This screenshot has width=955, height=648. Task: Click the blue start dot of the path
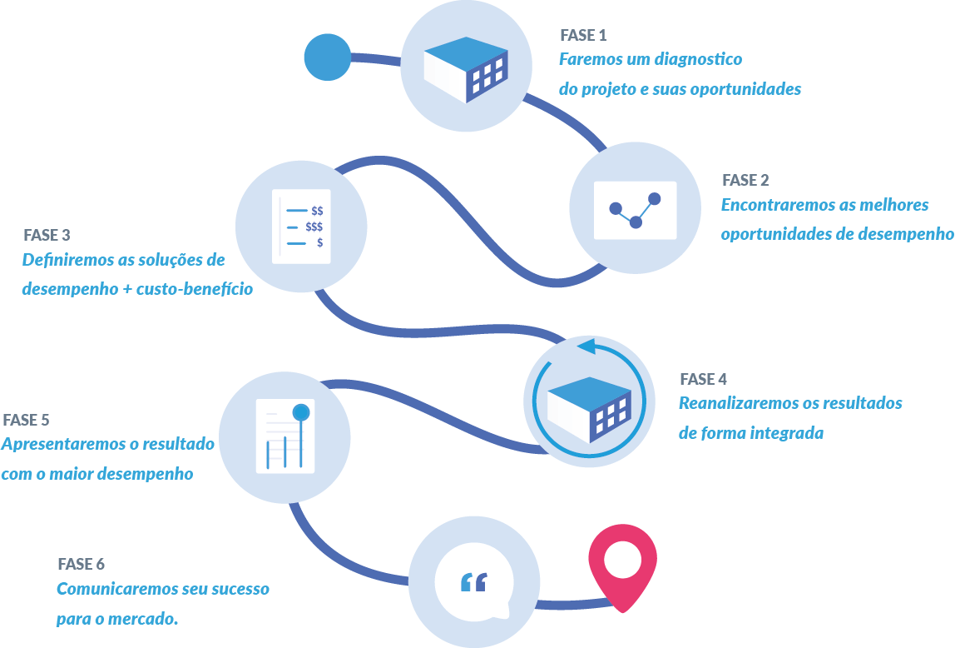tap(328, 57)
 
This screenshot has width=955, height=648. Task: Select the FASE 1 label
tap(583, 35)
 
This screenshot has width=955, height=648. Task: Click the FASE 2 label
tap(745, 180)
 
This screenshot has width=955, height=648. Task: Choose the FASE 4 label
tap(703, 379)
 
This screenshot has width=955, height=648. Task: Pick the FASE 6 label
tap(82, 564)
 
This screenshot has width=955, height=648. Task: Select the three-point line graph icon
tap(635, 210)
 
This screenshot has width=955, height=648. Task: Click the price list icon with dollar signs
tap(301, 227)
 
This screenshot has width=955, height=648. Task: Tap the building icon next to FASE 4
tap(589, 408)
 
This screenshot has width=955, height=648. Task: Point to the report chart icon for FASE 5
tap(285, 436)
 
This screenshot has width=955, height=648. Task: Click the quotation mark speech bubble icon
tap(473, 583)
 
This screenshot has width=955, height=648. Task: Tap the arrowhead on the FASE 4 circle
tap(586, 346)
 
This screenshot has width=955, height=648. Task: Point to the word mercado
tap(149, 620)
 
